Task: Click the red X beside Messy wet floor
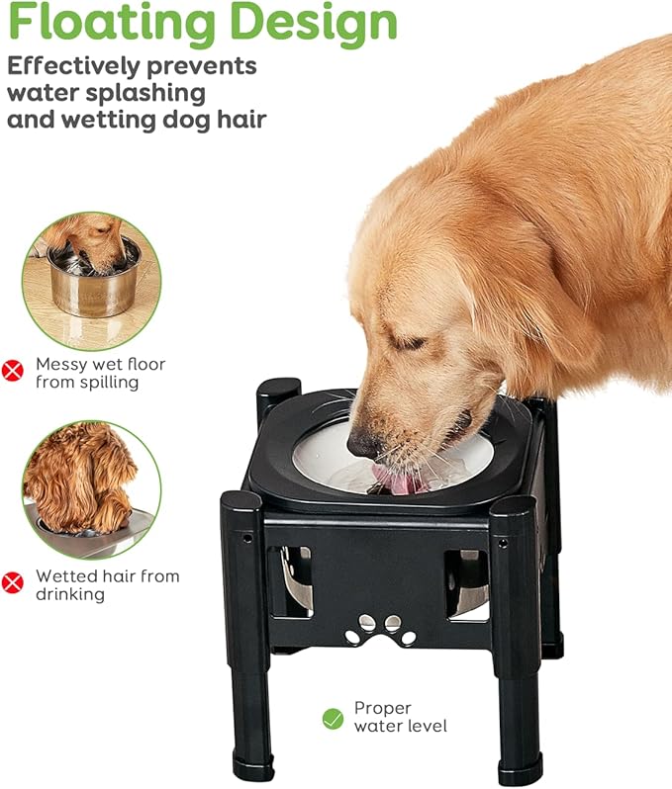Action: [x=13, y=372]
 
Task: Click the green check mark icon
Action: [x=333, y=718]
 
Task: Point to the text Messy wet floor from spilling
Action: [x=99, y=373]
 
